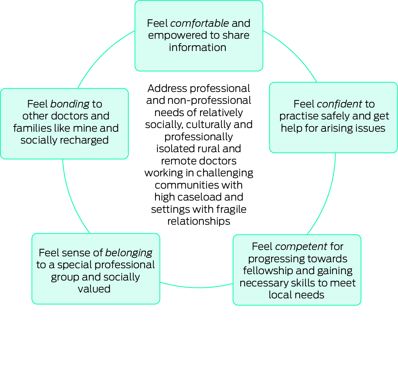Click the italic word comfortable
tap(199, 23)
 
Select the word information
tap(198, 48)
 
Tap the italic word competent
tap(301, 246)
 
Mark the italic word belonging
tap(129, 253)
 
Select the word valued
tap(94, 289)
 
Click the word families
tap(31, 128)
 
